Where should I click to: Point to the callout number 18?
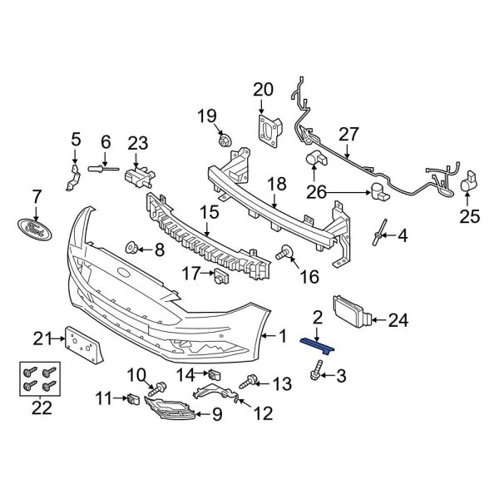[x=276, y=184]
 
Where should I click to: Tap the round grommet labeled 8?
[x=131, y=248]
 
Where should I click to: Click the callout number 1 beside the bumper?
[x=282, y=337]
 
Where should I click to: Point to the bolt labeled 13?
[x=247, y=383]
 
